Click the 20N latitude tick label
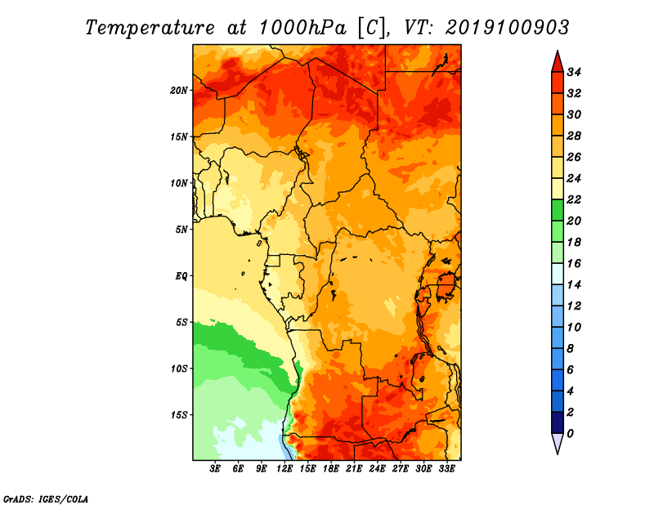[x=179, y=90]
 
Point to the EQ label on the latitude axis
[x=181, y=275]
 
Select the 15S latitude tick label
[x=179, y=414]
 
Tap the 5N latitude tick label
[x=181, y=230]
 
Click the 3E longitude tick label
[x=216, y=469]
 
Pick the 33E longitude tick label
[x=446, y=469]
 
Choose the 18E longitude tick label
[x=331, y=469]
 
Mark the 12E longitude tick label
[x=284, y=469]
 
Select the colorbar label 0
[x=571, y=433]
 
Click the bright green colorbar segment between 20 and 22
[x=556, y=210]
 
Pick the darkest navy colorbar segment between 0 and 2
[x=556, y=422]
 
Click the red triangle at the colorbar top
[x=556, y=61]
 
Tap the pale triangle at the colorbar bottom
[x=556, y=443]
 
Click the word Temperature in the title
[x=148, y=28]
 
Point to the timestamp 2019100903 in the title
[x=507, y=28]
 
